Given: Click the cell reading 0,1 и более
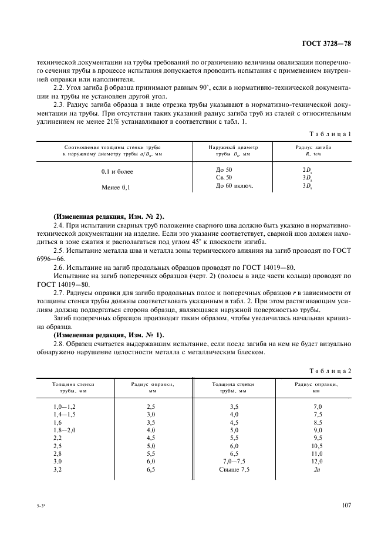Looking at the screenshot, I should pos(117,171).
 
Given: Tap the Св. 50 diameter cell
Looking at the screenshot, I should pos(224,177).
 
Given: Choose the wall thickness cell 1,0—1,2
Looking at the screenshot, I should pos(65,406).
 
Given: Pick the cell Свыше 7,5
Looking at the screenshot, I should pos(234,470).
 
